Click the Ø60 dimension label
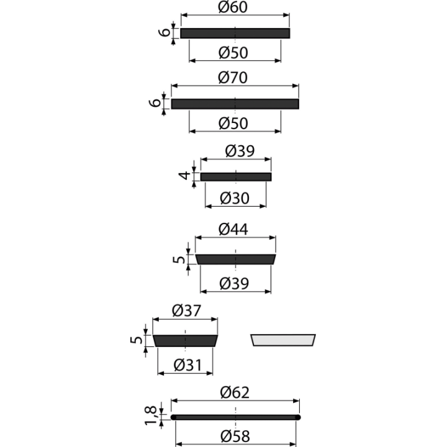(233, 7)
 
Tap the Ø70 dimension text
(233, 78)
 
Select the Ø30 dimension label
(235, 198)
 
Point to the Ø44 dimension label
(233, 229)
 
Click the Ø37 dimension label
(186, 311)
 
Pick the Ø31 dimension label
(187, 365)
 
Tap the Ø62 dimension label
(235, 392)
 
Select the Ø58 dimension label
(235, 436)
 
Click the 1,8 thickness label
(151, 415)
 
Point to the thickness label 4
(184, 175)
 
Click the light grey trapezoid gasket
(283, 340)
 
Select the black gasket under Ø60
(235, 34)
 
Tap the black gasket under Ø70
(235, 104)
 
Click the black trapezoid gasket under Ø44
(235, 260)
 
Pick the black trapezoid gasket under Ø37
(185, 341)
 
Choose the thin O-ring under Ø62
(235, 417)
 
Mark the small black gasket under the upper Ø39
(236, 177)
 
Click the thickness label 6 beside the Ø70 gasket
(155, 102)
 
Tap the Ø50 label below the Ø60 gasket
(233, 53)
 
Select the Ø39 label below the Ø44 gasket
(234, 283)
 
